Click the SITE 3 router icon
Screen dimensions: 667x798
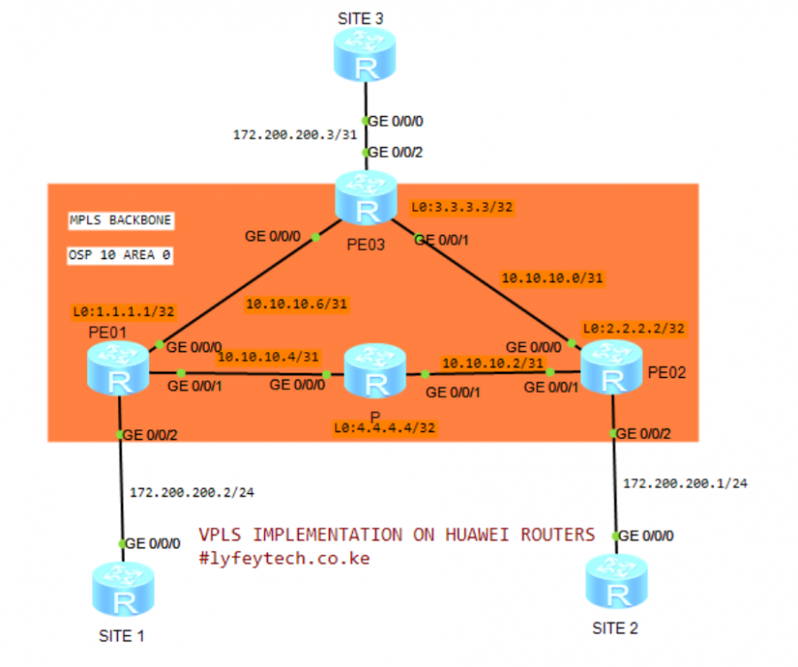364,57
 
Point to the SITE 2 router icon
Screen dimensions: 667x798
614,580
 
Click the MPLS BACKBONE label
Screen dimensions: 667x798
121,220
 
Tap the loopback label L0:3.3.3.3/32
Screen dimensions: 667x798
462,208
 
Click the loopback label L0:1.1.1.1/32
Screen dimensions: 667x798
123,311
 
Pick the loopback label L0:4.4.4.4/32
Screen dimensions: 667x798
386,427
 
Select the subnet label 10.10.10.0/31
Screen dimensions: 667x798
552,278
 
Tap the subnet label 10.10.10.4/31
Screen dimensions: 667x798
268,357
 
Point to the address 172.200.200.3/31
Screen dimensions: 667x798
284,135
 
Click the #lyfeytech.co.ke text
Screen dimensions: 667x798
284,559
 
